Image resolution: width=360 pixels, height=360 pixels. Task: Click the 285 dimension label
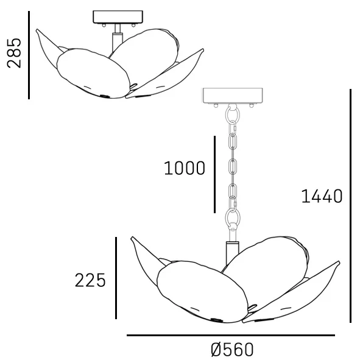pos(14,53)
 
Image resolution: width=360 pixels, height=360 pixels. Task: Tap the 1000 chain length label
pos(185,168)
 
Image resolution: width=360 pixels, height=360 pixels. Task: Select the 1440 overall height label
pos(322,196)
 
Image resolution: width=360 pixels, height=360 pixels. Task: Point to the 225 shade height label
pos(90,280)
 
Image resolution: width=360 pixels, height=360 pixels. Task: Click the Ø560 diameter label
pos(232,350)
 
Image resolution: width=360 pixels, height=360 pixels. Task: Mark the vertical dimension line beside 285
pos(29,55)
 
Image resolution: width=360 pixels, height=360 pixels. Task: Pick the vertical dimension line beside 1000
pos(214,174)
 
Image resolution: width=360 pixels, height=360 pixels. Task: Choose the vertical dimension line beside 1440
pos(351,206)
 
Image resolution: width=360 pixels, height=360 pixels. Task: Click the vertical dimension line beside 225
pos(116,278)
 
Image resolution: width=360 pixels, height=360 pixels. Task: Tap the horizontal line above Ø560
pos(231,336)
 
